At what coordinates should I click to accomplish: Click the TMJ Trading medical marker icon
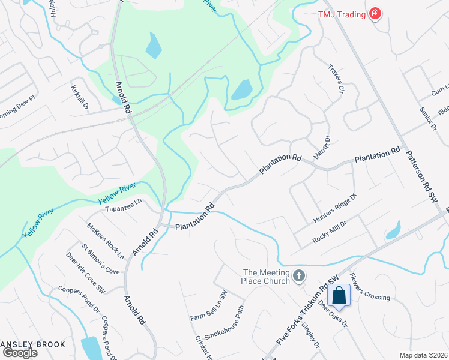(376, 13)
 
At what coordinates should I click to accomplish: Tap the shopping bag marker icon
(339, 295)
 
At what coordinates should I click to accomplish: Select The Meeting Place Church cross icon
(299, 277)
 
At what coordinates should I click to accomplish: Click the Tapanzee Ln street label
(123, 208)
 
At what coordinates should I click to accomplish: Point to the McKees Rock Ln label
(105, 241)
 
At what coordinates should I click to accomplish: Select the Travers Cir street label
(335, 83)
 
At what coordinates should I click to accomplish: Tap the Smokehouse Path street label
(224, 325)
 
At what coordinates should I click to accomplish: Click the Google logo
(20, 353)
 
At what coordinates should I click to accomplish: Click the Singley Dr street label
(312, 334)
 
